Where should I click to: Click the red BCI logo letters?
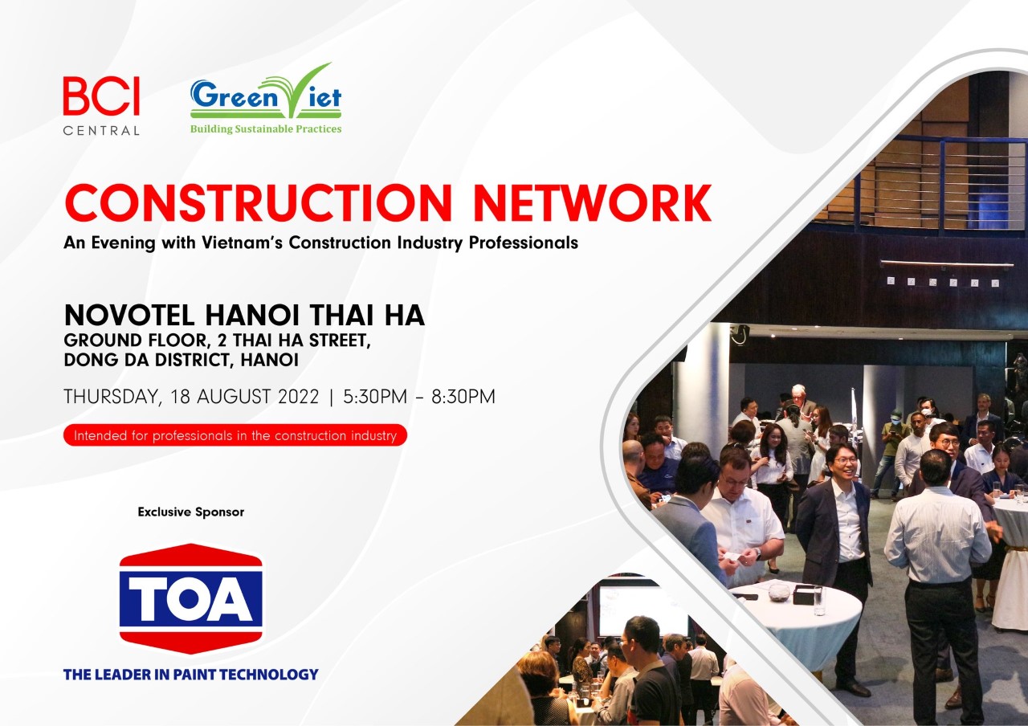click(101, 96)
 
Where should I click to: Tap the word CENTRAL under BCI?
click(101, 131)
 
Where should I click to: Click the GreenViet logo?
click(266, 98)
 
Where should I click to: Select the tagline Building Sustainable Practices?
click(266, 129)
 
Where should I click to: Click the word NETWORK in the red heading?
click(593, 203)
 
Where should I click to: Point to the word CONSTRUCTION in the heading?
click(259, 203)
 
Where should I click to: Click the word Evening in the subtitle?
click(123, 243)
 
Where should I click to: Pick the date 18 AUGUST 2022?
click(244, 397)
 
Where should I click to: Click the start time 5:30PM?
click(375, 397)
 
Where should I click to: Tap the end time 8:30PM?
click(463, 397)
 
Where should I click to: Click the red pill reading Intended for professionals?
click(235, 435)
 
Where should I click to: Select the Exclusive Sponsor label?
click(191, 512)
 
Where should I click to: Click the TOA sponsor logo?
click(191, 598)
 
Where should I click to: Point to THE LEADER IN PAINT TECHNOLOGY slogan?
click(191, 674)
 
